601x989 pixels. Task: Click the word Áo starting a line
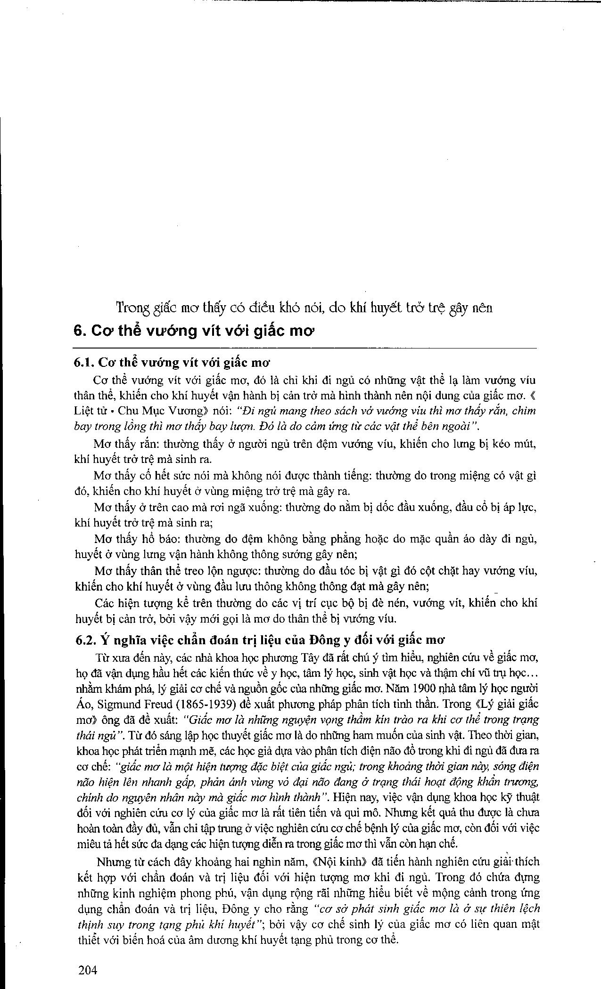pyautogui.click(x=82, y=705)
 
